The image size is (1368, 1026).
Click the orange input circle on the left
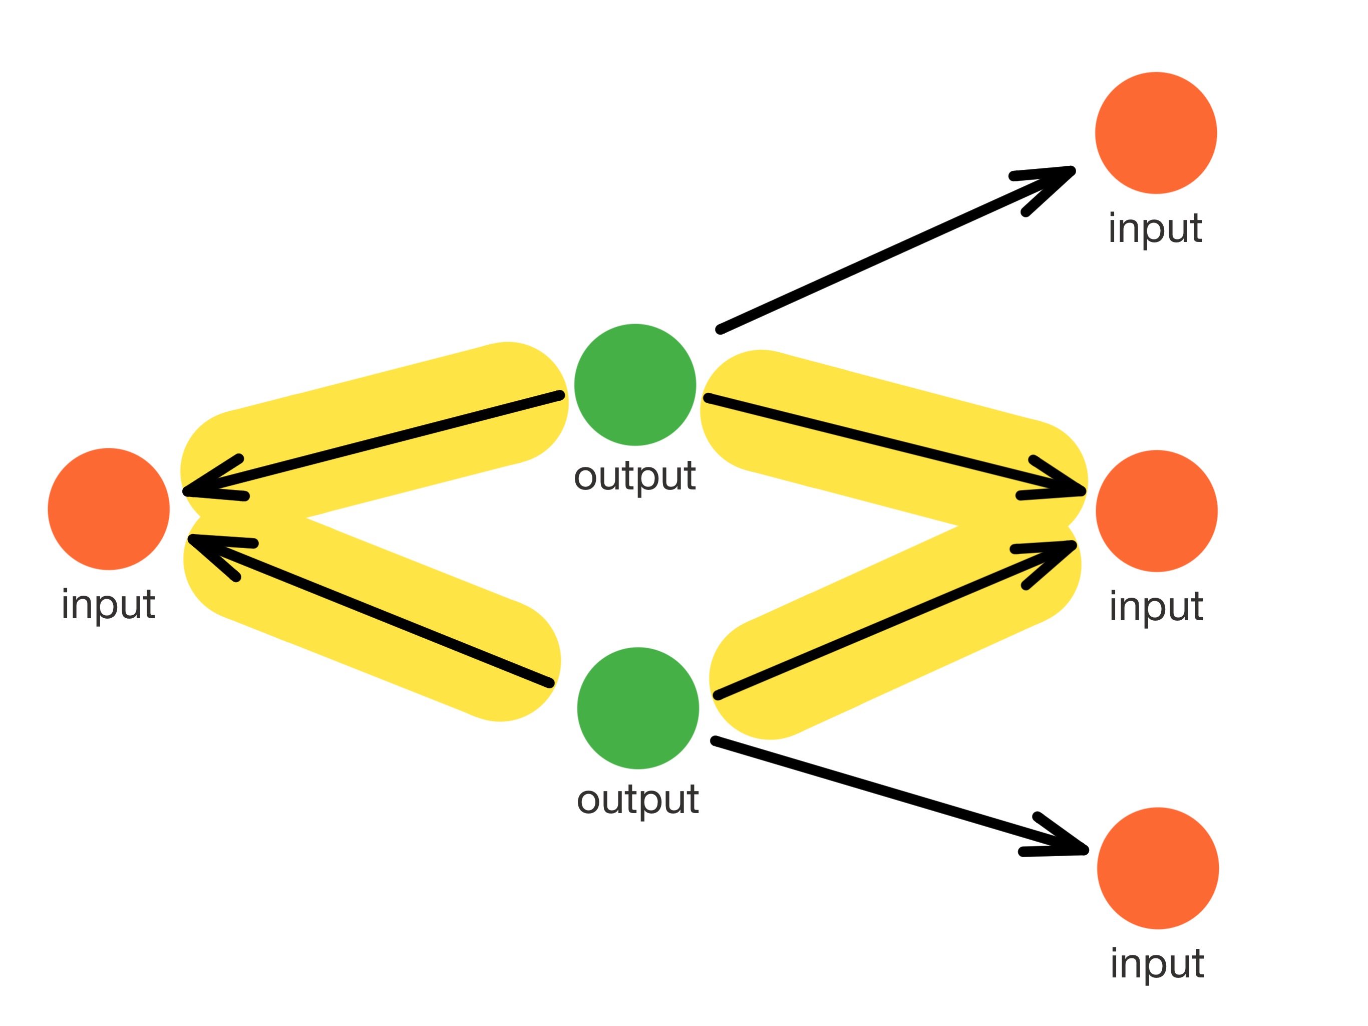[109, 508]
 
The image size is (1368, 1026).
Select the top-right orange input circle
[1156, 133]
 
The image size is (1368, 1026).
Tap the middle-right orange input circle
[1157, 511]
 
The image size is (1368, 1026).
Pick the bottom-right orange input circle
[1158, 868]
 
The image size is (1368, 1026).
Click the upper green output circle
[635, 385]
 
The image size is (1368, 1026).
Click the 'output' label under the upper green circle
[634, 476]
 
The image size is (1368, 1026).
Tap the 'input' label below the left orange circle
[108, 605]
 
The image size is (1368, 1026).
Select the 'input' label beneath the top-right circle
[1155, 229]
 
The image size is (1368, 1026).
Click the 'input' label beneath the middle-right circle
[1156, 607]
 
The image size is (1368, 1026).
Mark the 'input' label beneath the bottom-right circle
[1157, 963]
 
